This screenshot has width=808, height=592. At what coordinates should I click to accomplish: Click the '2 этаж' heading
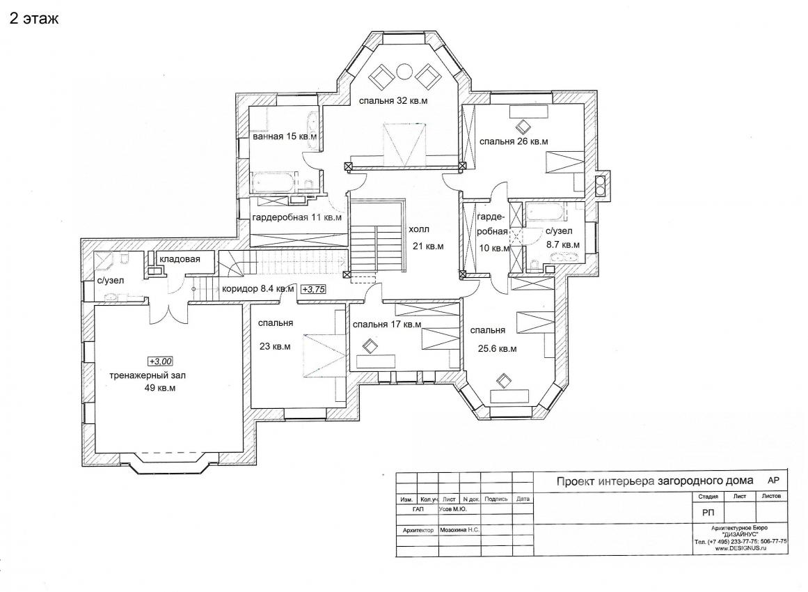point(34,19)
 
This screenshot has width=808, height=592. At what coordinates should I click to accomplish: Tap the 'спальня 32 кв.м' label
point(393,100)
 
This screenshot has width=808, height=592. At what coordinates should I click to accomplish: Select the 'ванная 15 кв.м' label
point(284,137)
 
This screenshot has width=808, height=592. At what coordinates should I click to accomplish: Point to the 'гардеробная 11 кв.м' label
point(296,217)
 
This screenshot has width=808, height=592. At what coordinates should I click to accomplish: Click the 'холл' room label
point(419,229)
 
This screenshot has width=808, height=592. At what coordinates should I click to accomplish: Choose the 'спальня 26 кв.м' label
point(514,141)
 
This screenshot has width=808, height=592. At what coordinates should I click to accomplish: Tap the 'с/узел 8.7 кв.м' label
point(563,237)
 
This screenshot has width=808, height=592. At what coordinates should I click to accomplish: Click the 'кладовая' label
point(180,259)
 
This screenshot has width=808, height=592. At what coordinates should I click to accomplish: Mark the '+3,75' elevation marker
point(313,289)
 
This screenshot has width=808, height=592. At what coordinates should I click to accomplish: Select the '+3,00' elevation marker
point(161,361)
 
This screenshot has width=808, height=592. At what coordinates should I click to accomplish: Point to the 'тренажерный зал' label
point(148,375)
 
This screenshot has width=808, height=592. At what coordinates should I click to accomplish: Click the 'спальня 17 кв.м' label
point(387,325)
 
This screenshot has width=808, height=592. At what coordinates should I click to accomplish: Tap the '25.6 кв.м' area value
point(498,349)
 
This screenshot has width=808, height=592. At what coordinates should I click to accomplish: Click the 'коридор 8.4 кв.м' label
point(258,289)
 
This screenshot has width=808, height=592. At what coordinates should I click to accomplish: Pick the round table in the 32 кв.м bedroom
point(403,71)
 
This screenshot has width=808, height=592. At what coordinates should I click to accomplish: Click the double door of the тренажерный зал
point(168,313)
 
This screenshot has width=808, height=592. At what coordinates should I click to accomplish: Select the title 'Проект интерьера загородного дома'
point(655,481)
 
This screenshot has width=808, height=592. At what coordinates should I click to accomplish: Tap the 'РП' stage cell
point(708,513)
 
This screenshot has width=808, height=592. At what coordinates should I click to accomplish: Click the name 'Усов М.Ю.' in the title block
point(453,509)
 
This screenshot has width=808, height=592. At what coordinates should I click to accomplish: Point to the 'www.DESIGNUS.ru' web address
point(740,549)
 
